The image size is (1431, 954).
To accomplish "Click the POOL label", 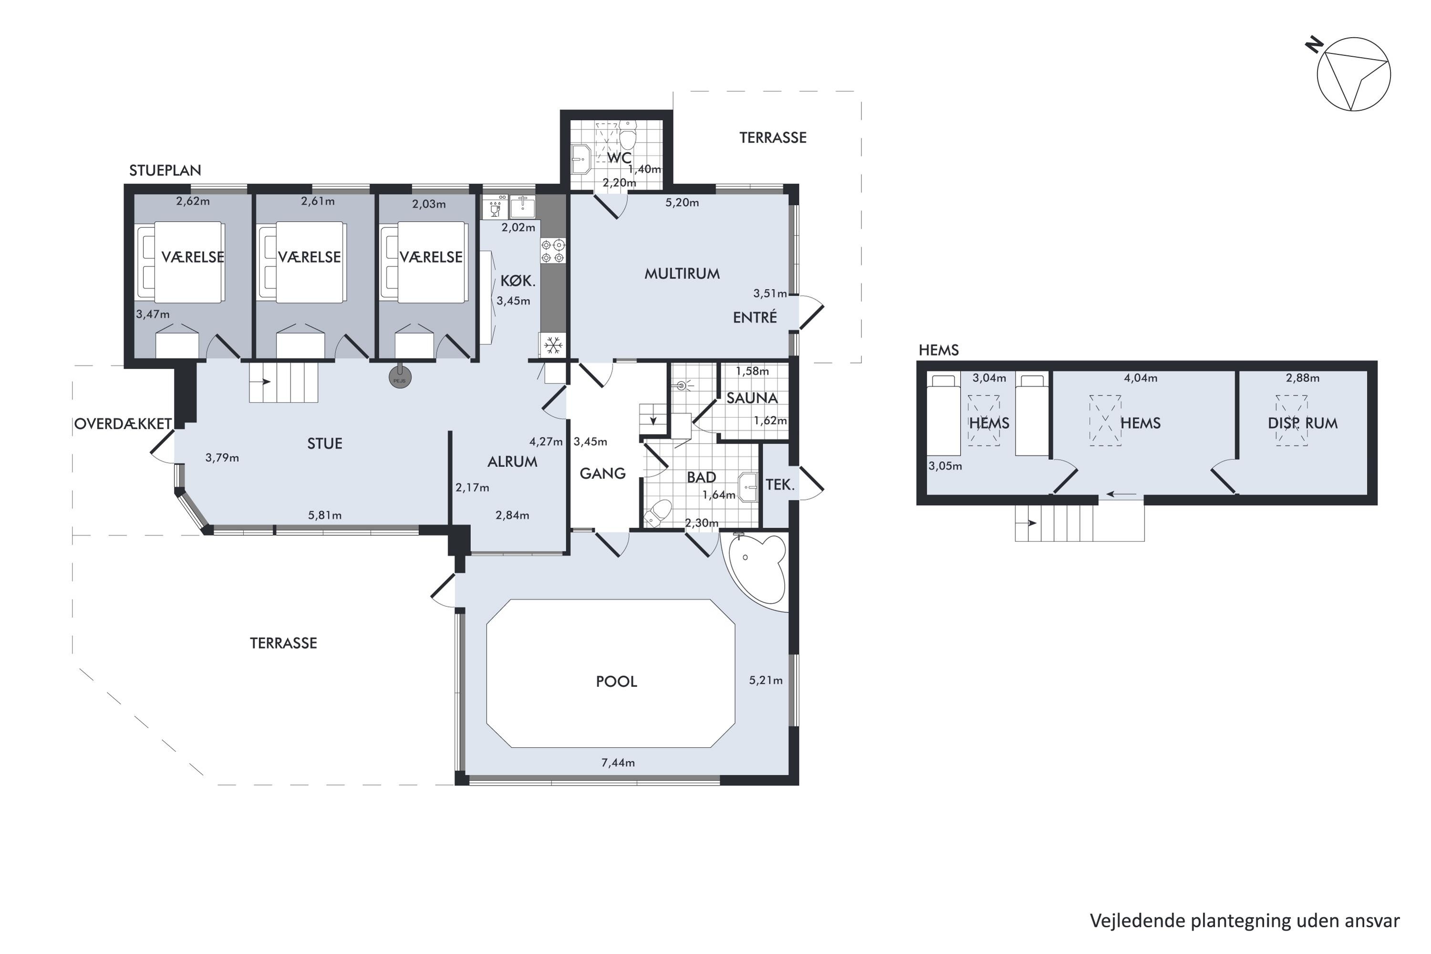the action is click(x=616, y=682).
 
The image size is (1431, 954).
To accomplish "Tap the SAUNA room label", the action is click(x=752, y=398).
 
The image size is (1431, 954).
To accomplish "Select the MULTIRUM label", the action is click(x=682, y=274).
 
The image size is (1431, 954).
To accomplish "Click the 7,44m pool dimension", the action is click(x=618, y=763).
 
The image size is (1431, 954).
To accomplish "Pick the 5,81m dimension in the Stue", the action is click(x=324, y=515).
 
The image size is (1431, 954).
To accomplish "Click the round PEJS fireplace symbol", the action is click(x=400, y=378).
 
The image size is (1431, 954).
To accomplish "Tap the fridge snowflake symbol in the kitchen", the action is click(x=552, y=345).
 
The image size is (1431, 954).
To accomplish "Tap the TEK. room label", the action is click(x=780, y=485).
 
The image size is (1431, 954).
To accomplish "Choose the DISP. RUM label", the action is click(x=1303, y=424).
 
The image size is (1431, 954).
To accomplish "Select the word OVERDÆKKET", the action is click(x=123, y=424).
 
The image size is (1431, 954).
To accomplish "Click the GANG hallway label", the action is click(x=602, y=473).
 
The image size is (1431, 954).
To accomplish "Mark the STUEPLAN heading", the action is click(x=165, y=170).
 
